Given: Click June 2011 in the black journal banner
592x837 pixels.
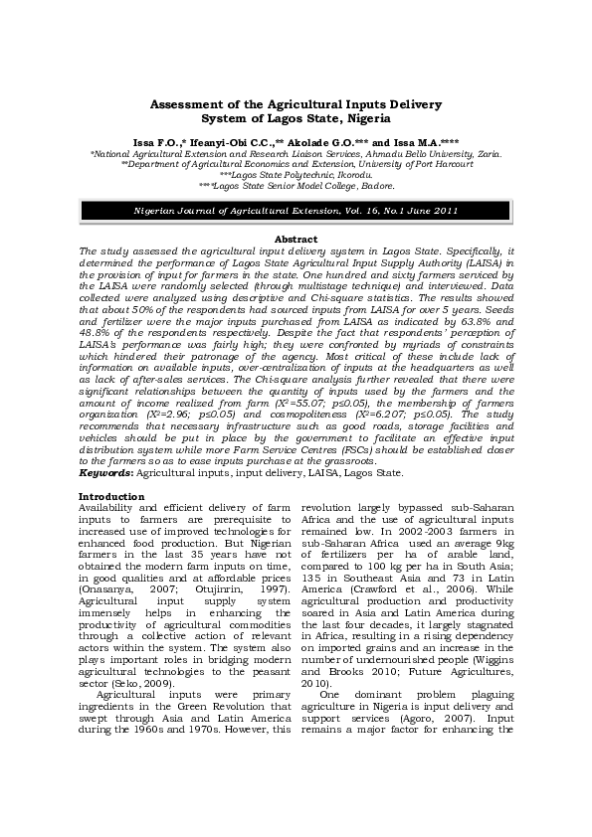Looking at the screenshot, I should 435,213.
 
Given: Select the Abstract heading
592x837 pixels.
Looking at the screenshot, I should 296,241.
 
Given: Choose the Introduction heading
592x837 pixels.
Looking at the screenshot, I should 111,497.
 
